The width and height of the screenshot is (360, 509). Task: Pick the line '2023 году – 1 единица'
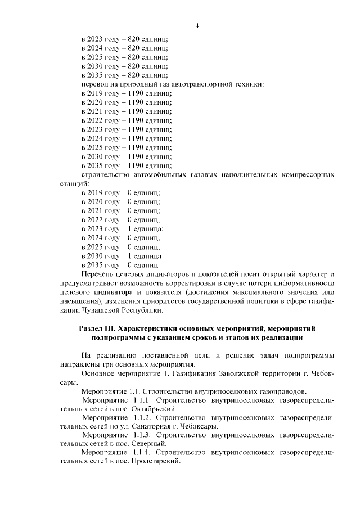[123, 228]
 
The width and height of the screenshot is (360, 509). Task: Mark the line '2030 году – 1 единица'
[123, 255]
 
